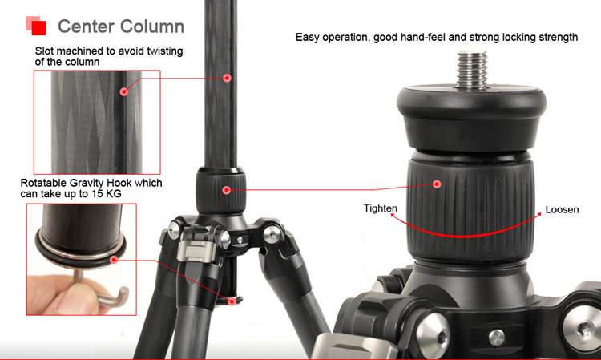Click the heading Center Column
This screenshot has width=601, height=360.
pos(121,26)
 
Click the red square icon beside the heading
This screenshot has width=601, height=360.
pos(39,28)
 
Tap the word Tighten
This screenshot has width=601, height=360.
pos(380,209)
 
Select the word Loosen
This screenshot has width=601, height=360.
pos(562,210)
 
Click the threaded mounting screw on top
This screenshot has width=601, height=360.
pos(473,70)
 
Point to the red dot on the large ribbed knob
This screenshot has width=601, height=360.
pos(437,184)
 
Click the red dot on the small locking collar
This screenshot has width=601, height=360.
pos(227,190)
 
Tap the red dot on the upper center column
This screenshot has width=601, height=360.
pos(227,78)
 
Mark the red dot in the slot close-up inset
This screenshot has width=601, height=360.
pos(123,91)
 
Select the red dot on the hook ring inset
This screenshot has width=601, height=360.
pos(114,260)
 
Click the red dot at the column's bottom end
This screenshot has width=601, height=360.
pos(232,301)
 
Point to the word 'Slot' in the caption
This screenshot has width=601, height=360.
pos(44,51)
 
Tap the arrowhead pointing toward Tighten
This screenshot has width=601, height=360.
pos(393,216)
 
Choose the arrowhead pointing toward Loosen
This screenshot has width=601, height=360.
pos(538,214)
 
